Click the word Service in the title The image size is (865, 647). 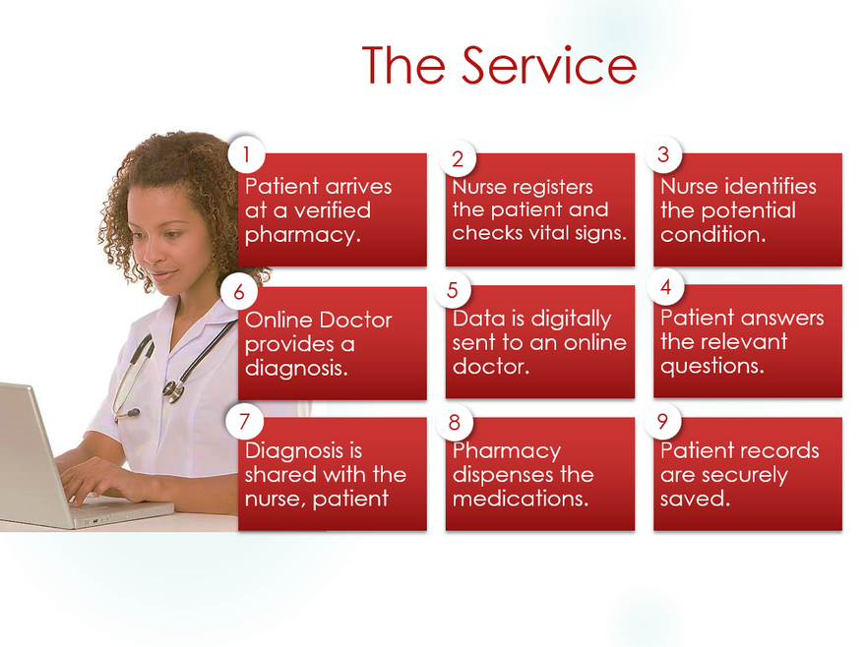[548, 65]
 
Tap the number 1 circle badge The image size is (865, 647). [246, 154]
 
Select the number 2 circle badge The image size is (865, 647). [458, 159]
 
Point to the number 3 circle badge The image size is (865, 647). [663, 154]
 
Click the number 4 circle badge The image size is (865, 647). [666, 287]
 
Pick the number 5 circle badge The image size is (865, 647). [453, 290]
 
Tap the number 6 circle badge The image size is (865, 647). [239, 292]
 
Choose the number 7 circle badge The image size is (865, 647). [244, 422]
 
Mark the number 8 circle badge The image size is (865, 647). [455, 423]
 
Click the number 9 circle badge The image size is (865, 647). [662, 422]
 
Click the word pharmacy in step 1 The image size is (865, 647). [303, 236]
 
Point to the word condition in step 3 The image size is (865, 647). [713, 235]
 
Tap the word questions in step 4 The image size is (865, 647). [712, 367]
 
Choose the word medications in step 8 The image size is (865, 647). [521, 499]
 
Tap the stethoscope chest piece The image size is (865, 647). [173, 390]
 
